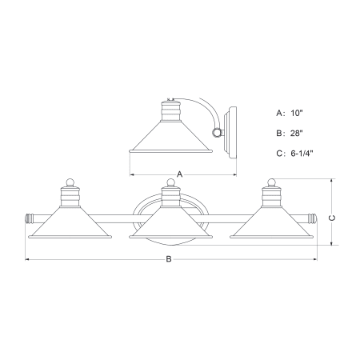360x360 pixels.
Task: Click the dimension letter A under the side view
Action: [x=180, y=173]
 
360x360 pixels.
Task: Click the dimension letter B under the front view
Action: [x=169, y=259]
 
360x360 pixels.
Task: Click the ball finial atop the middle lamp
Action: [x=169, y=183]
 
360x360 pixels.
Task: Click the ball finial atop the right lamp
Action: [x=272, y=183]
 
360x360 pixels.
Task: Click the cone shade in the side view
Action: [x=167, y=141]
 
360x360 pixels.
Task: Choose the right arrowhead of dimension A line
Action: [x=234, y=173]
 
